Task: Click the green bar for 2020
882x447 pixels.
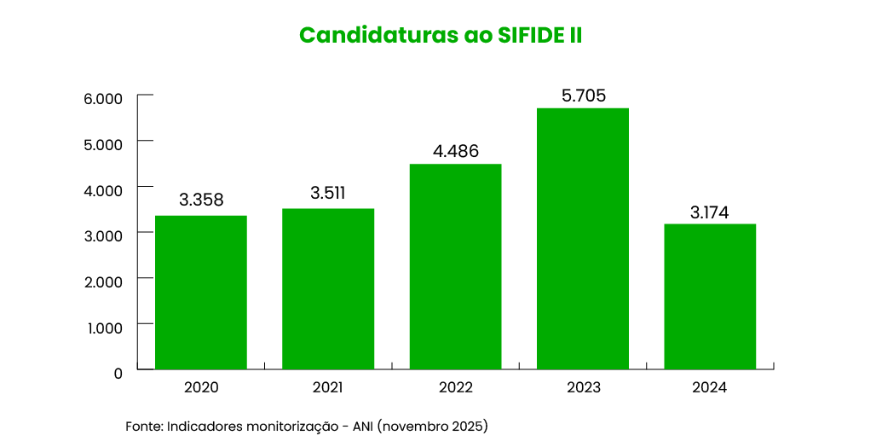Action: click(x=201, y=293)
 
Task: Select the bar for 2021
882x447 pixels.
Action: click(x=328, y=289)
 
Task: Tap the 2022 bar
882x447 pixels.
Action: click(x=455, y=266)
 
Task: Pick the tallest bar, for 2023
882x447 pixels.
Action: click(x=583, y=239)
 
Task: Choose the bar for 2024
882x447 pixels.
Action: click(x=710, y=297)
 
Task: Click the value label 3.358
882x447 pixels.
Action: click(x=201, y=200)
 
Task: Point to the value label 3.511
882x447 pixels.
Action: click(x=328, y=193)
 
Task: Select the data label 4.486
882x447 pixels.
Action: click(x=455, y=151)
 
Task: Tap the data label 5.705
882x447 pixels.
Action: click(x=583, y=96)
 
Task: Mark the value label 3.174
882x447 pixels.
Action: click(x=710, y=212)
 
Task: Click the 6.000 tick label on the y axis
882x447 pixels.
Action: click(x=103, y=98)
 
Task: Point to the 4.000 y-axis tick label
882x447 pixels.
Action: click(x=103, y=189)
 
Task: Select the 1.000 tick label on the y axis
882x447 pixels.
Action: click(x=103, y=327)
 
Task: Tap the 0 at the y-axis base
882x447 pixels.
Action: click(x=118, y=373)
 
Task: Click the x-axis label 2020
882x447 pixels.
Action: click(x=201, y=387)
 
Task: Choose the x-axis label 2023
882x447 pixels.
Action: click(x=583, y=387)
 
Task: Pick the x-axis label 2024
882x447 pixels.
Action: click(x=710, y=387)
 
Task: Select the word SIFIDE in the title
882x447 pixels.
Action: click(x=530, y=36)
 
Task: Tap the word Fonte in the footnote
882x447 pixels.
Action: click(x=143, y=425)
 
